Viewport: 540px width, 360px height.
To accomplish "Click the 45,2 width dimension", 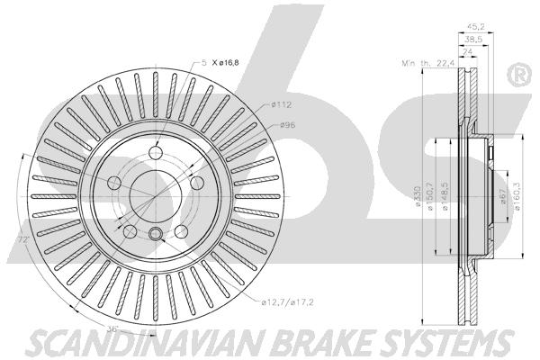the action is pyautogui.click(x=475, y=26).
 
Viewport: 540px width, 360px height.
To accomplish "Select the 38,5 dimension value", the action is pyautogui.click(x=473, y=40).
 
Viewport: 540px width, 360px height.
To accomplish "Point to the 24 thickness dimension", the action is pyautogui.click(x=467, y=52).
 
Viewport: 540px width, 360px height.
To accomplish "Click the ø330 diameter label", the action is pyautogui.click(x=418, y=197).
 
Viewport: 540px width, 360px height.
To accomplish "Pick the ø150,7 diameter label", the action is pyautogui.click(x=429, y=197).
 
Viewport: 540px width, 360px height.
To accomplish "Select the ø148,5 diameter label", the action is pyautogui.click(x=445, y=197).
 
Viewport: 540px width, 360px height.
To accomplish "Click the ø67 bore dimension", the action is pyautogui.click(x=502, y=196).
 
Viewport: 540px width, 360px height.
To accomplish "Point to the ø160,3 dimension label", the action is pyautogui.click(x=517, y=196).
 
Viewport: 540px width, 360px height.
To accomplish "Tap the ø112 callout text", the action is pyautogui.click(x=281, y=104).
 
